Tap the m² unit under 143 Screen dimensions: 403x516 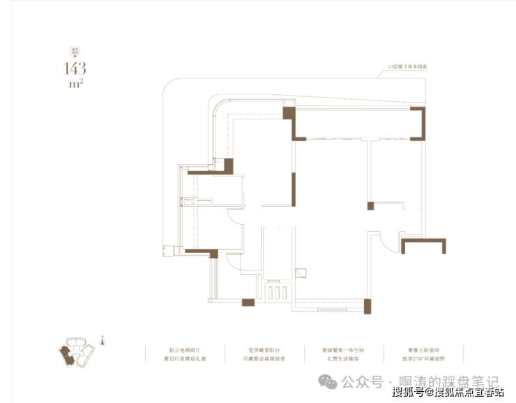75,84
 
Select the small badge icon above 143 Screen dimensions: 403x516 73,51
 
